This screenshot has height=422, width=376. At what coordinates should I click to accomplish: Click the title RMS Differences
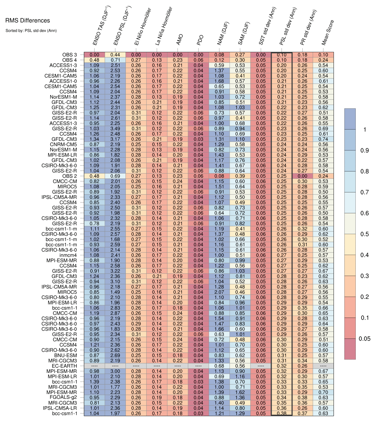click(28, 21)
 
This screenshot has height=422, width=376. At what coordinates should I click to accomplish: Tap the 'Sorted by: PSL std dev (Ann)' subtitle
click(31, 30)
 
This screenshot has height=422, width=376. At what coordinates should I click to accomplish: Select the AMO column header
click(180, 39)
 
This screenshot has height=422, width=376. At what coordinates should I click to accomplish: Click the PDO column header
click(200, 40)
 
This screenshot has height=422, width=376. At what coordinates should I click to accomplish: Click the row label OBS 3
click(69, 55)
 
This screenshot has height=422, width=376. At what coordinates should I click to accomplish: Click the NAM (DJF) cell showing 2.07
click(219, 292)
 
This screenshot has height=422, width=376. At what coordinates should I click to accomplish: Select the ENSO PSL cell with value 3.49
click(115, 129)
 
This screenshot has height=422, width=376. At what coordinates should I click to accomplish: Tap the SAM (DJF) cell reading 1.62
click(240, 392)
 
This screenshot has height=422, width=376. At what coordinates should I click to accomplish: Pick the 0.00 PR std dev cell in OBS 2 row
click(302, 176)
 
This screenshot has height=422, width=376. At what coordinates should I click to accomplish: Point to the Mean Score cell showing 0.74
click(323, 139)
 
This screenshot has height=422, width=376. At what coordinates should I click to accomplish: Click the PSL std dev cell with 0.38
click(282, 414)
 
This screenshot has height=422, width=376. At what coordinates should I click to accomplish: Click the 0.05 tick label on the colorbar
click(364, 339)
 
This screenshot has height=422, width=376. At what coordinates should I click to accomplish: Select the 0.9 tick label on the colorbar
click(364, 150)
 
